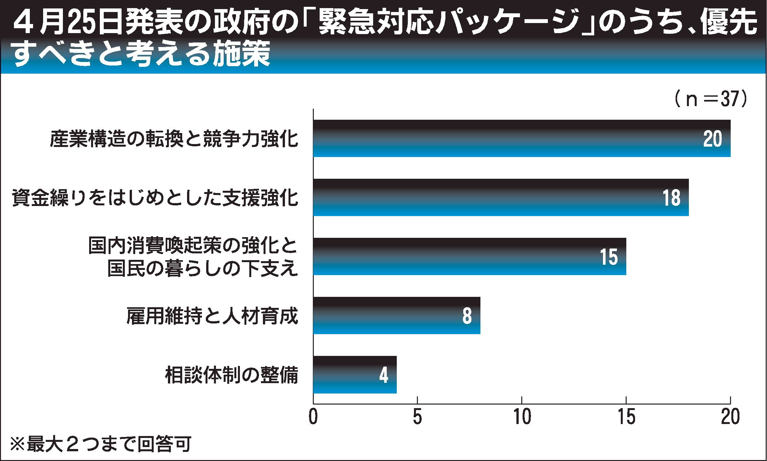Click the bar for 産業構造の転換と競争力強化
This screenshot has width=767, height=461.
click(x=519, y=139)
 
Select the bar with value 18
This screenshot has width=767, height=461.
click(x=499, y=198)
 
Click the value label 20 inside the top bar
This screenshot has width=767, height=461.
click(x=713, y=139)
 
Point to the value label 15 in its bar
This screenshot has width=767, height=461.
click(x=608, y=257)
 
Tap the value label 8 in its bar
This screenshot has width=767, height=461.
click(x=467, y=316)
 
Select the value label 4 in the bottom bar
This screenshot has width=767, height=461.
click(x=383, y=375)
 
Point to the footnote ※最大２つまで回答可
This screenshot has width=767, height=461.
click(x=100, y=445)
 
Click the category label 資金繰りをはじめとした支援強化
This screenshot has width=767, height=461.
click(x=155, y=198)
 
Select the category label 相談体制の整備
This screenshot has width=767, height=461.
click(x=231, y=375)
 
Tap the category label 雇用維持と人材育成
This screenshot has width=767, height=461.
click(x=212, y=316)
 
